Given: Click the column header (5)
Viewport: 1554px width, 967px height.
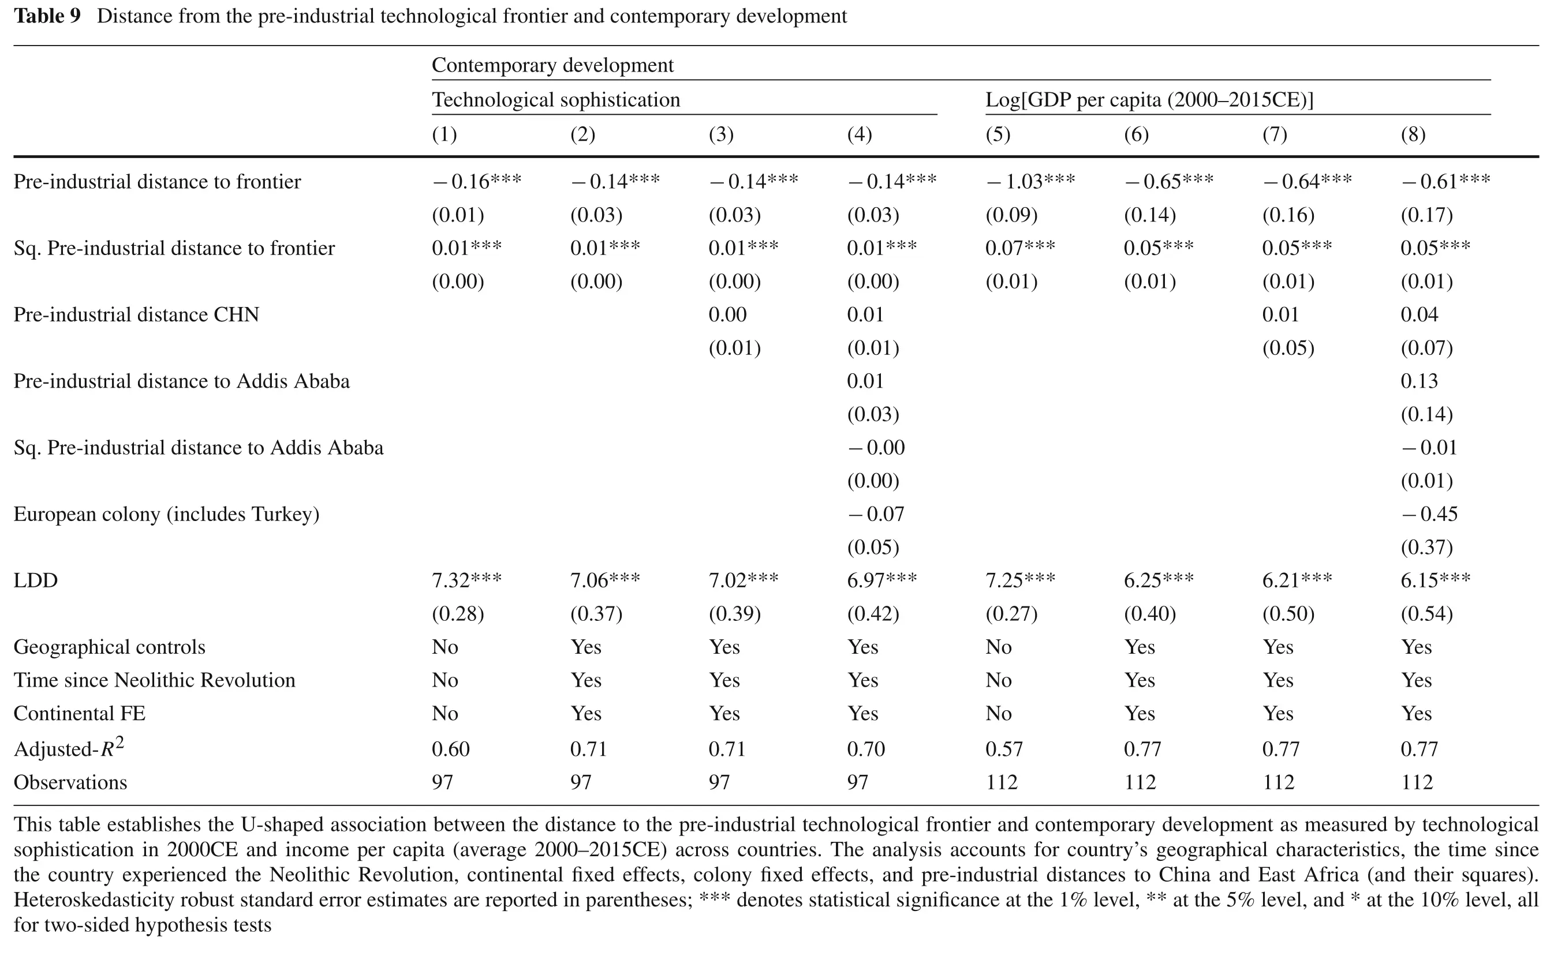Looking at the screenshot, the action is [x=998, y=134].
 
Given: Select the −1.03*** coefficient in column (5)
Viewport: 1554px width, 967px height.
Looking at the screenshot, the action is [x=1030, y=182].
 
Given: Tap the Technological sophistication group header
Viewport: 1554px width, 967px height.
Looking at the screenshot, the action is [x=556, y=100].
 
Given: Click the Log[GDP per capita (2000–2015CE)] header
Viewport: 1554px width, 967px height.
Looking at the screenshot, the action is [x=1149, y=100].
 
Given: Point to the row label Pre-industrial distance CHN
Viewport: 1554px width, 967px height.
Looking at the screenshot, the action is [x=136, y=314].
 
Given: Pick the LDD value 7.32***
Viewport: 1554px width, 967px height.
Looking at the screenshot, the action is [x=467, y=580].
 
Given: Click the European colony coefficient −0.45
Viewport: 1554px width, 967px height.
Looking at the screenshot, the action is [x=1429, y=514].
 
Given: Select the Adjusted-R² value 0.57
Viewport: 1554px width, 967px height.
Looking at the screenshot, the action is [x=1004, y=749].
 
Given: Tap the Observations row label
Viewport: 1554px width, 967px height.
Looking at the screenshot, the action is [x=70, y=782].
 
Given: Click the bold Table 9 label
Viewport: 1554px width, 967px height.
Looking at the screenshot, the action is [x=47, y=16].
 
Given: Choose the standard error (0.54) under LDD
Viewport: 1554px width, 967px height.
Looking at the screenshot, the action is [x=1426, y=614].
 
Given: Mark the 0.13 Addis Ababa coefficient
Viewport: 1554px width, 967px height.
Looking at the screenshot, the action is [x=1419, y=381].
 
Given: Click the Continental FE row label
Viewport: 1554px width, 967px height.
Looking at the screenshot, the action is [x=80, y=714].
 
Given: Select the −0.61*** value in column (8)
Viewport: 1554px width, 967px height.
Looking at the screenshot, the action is [x=1446, y=182].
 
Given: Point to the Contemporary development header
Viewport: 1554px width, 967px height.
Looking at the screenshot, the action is [x=553, y=65].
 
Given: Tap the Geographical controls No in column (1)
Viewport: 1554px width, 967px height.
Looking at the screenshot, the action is [x=445, y=647].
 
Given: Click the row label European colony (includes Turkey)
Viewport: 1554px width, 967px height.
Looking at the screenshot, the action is [x=166, y=514].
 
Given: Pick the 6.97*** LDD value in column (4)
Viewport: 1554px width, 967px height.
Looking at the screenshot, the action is [x=882, y=580].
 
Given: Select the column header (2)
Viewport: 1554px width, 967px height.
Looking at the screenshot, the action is [x=583, y=134].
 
